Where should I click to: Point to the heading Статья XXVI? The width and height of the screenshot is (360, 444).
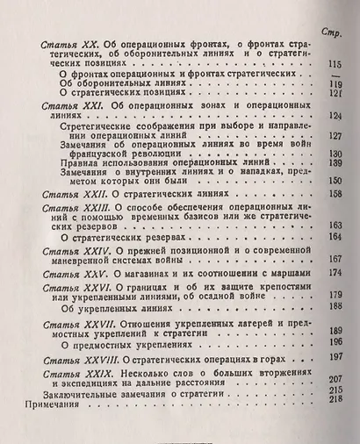(72, 286)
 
